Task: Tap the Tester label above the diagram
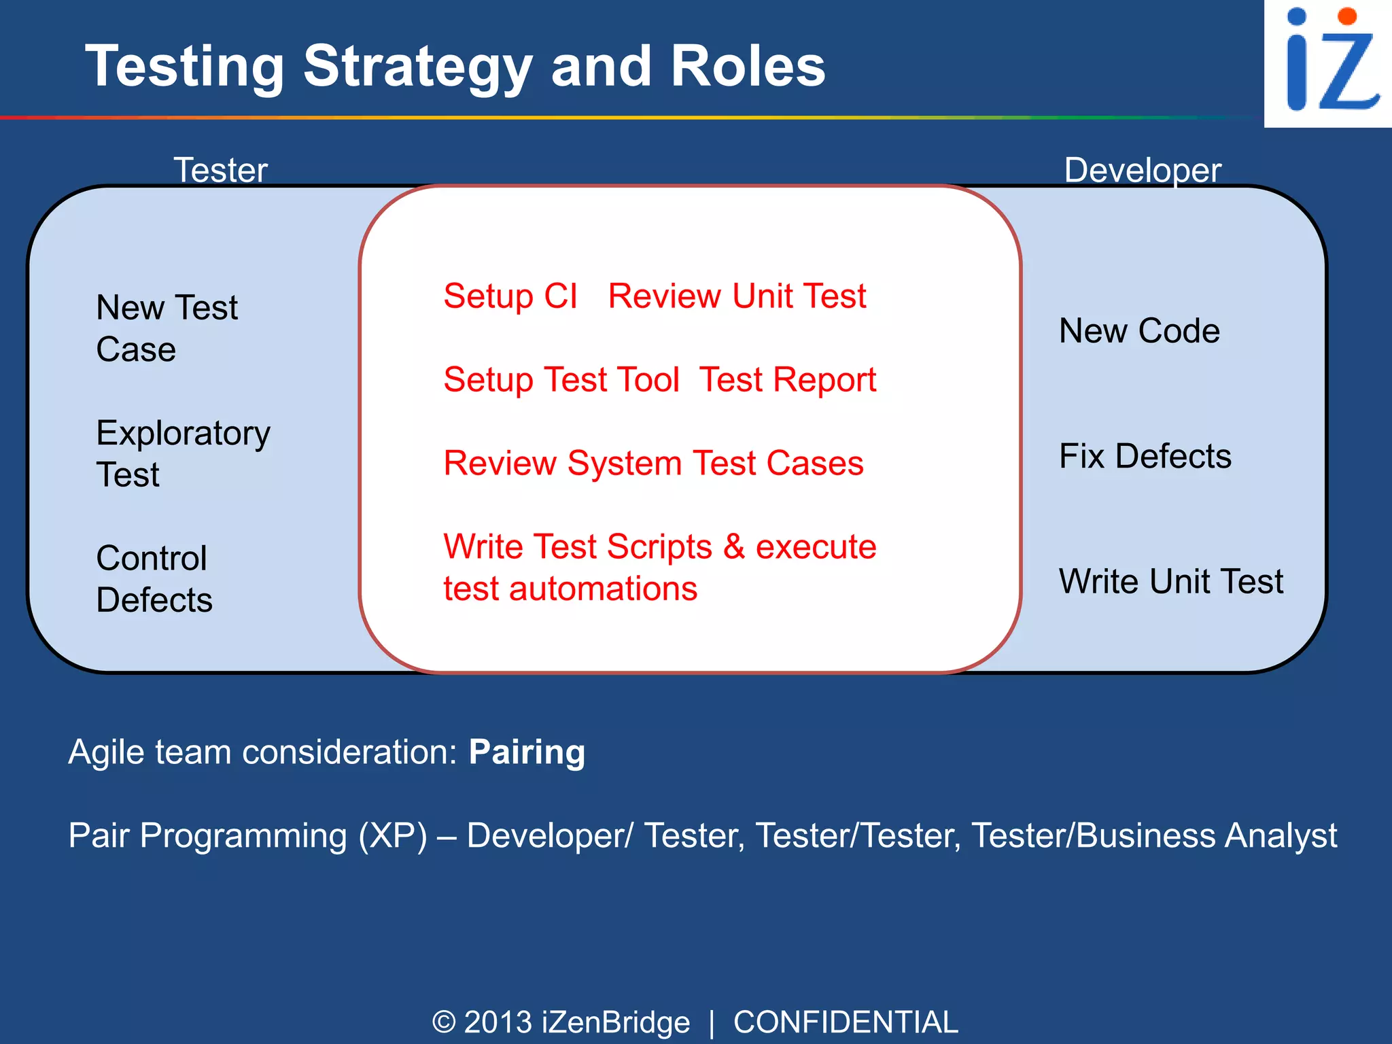pyautogui.click(x=221, y=170)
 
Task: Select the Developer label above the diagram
pyautogui.click(x=1143, y=170)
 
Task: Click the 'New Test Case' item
pyautogui.click(x=167, y=328)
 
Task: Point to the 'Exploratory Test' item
pyautogui.click(x=183, y=453)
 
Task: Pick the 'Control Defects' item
pyautogui.click(x=154, y=579)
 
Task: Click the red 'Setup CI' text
pyautogui.click(x=510, y=296)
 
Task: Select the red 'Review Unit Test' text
pyautogui.click(x=737, y=296)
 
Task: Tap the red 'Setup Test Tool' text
pyautogui.click(x=561, y=380)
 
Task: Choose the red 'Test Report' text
pyautogui.click(x=788, y=380)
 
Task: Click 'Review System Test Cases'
pyautogui.click(x=653, y=464)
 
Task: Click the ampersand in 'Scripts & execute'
pyautogui.click(x=734, y=547)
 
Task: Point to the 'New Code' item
pyautogui.click(x=1139, y=331)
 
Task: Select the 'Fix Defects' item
pyautogui.click(x=1145, y=456)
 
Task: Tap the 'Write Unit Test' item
pyautogui.click(x=1170, y=582)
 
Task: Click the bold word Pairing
pyautogui.click(x=527, y=752)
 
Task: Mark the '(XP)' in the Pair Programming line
pyautogui.click(x=393, y=836)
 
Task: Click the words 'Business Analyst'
pyautogui.click(x=1206, y=836)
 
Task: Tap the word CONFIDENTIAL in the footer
pyautogui.click(x=846, y=1022)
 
